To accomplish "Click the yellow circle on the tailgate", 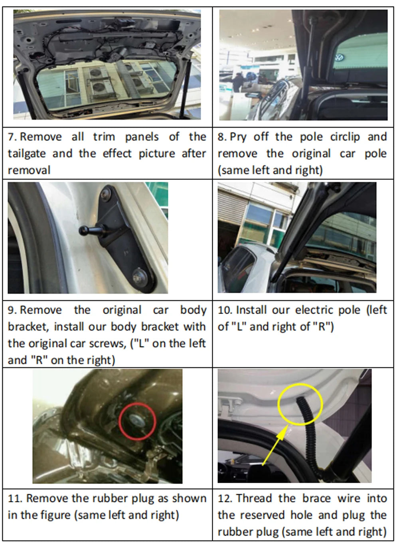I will click(x=300, y=403).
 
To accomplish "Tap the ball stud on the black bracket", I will click(x=86, y=230).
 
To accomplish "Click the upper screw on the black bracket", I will click(x=106, y=194).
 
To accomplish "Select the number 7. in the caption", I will click(x=12, y=137).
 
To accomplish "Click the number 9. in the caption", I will click(x=12, y=310).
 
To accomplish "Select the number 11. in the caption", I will click(x=15, y=498).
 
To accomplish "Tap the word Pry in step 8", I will click(x=238, y=137).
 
